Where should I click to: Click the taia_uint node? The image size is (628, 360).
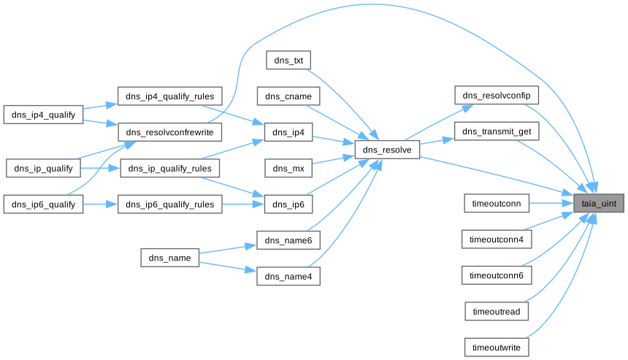point(599,204)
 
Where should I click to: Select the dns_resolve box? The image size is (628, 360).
point(387,150)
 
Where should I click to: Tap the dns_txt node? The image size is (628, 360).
point(288,61)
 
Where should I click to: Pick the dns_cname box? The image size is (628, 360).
point(288,96)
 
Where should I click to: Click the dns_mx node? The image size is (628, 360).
point(288,168)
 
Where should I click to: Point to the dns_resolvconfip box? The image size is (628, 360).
point(497,96)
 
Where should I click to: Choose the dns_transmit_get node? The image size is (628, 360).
point(497,131)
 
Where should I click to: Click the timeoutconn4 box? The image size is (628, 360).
point(497,239)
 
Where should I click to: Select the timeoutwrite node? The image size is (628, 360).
point(497,347)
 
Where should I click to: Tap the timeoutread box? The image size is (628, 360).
point(497,311)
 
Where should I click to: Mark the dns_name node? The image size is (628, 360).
point(170,258)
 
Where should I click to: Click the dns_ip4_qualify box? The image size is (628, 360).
point(44,115)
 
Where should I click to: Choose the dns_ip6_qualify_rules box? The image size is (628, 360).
point(170,204)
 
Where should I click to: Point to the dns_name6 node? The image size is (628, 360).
point(288,240)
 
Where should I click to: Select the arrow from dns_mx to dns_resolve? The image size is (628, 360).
point(333,161)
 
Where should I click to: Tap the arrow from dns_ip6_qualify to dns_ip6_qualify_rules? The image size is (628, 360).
point(100,204)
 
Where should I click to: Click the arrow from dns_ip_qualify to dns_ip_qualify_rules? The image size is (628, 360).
point(100,169)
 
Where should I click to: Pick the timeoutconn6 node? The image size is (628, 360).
point(497,275)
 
